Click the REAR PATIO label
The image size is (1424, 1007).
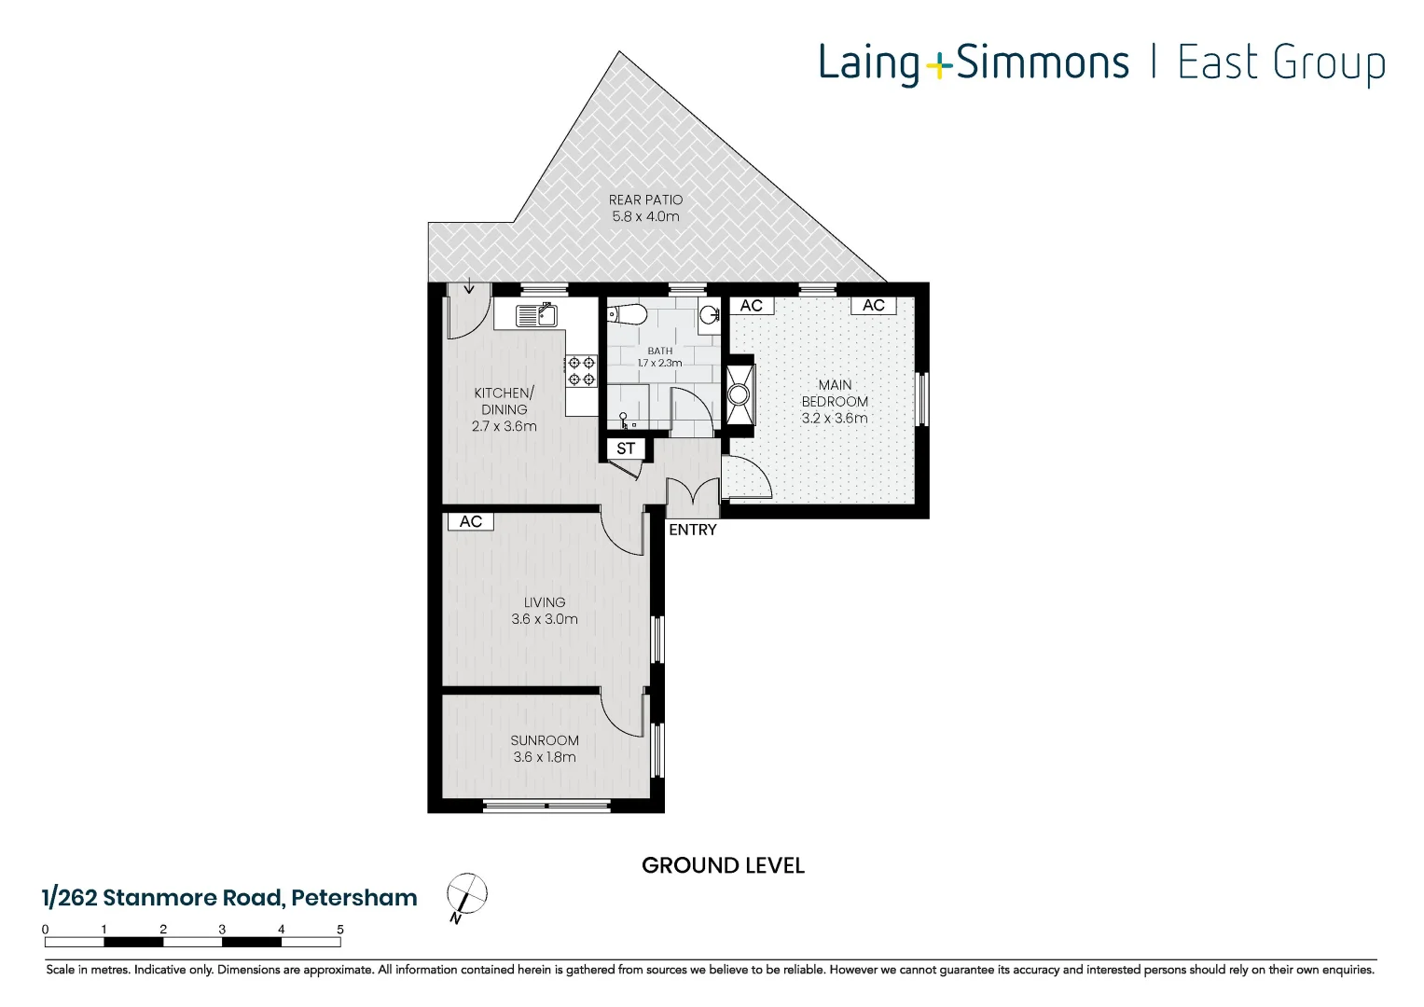click(645, 200)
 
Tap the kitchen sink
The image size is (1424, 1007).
click(537, 315)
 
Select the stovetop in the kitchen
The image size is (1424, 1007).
click(582, 370)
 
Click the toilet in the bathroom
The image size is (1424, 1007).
click(629, 314)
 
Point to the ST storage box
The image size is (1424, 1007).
click(626, 448)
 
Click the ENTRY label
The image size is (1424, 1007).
click(693, 530)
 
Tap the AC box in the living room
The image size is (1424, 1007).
click(471, 521)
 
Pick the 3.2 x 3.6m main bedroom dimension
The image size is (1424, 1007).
click(835, 419)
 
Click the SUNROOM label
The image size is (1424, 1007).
click(545, 740)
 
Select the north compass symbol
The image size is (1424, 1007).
click(466, 895)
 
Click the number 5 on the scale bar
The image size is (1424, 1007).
click(340, 930)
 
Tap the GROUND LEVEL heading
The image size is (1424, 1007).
click(723, 865)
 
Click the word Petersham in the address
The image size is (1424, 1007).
click(354, 898)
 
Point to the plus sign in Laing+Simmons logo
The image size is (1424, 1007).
click(939, 64)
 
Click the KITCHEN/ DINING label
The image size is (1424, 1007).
click(504, 401)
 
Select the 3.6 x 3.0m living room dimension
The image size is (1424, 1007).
click(545, 619)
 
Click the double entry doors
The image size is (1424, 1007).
click(693, 497)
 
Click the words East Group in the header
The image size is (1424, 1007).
click(1281, 63)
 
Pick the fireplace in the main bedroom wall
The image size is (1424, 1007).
click(740, 394)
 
